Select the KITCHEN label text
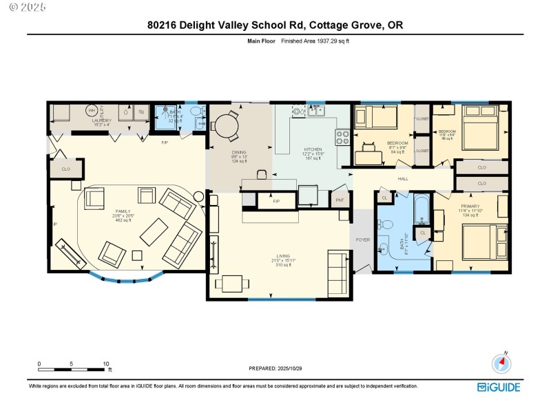[313, 149]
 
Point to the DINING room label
[239, 152]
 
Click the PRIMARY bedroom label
[470, 206]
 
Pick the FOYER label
[362, 240]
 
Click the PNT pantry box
[340, 200]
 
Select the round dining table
[225, 127]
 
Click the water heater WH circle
[91, 110]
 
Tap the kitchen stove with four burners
[343, 137]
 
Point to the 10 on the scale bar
[105, 363]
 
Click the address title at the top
[275, 25]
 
